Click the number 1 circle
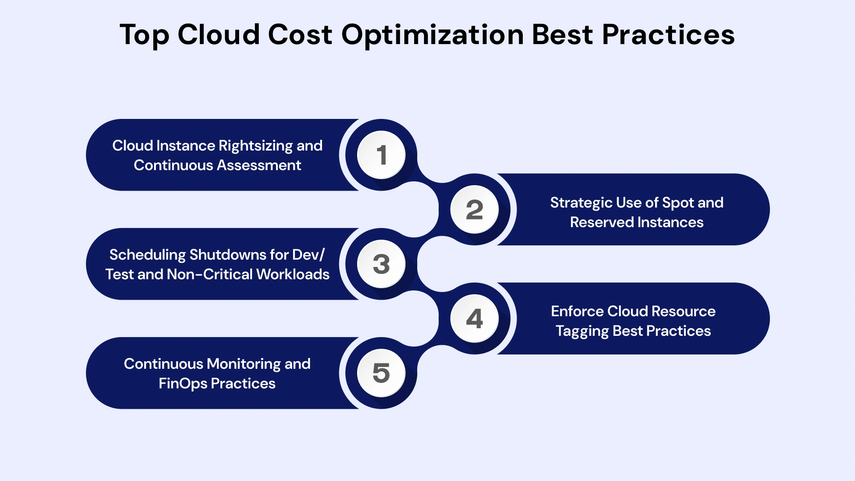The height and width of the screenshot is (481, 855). [x=381, y=155]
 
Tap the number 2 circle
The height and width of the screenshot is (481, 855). [x=474, y=209]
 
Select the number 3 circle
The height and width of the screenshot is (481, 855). [x=381, y=264]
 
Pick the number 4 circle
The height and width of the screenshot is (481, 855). [x=474, y=318]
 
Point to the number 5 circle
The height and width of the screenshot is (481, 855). [x=381, y=373]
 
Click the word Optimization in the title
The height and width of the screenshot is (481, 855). [x=432, y=35]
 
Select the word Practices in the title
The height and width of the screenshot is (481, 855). [x=668, y=34]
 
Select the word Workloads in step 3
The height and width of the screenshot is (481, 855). [x=293, y=274]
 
